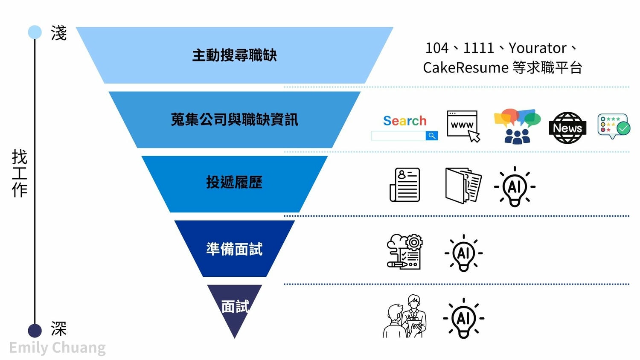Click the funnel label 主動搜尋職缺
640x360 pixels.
click(234, 55)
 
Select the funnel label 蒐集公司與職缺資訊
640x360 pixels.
click(234, 120)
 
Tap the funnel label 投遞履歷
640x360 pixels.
click(234, 183)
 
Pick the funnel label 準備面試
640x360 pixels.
click(234, 249)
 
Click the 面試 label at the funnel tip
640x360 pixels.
click(235, 306)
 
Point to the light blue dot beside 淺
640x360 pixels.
click(35, 32)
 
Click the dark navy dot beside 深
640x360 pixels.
click(35, 331)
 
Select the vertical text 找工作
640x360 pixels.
click(20, 173)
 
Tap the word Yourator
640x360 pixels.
click(537, 48)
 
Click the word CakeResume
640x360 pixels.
click(465, 68)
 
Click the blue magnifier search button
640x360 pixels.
click(432, 136)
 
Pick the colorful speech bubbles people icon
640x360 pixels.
click(517, 126)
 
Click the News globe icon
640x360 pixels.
click(567, 128)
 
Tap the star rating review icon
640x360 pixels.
click(614, 126)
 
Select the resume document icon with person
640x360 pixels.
click(405, 185)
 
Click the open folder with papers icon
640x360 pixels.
click(463, 185)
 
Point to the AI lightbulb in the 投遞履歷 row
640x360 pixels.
click(515, 186)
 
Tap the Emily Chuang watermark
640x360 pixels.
click(58, 348)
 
